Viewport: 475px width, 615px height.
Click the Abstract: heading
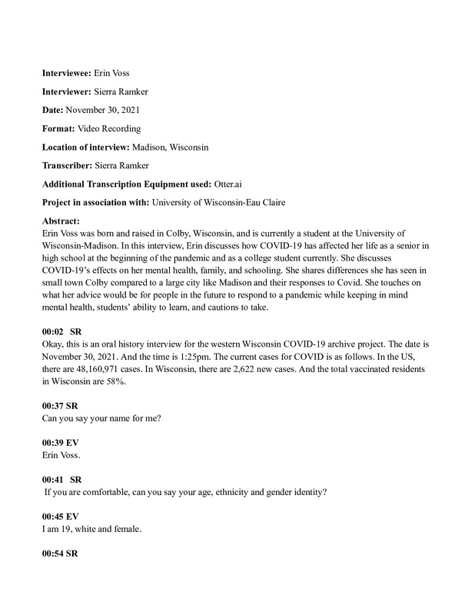[x=61, y=221]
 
